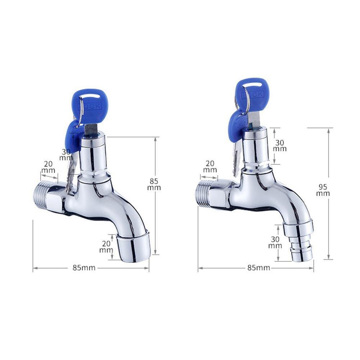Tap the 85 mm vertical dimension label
[154, 184]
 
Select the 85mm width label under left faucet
[84, 268]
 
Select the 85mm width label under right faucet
[259, 268]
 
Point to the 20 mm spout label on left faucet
[106, 247]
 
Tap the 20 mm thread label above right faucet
[210, 167]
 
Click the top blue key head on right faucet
[253, 93]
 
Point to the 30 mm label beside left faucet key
[66, 155]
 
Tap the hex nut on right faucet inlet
[220, 194]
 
